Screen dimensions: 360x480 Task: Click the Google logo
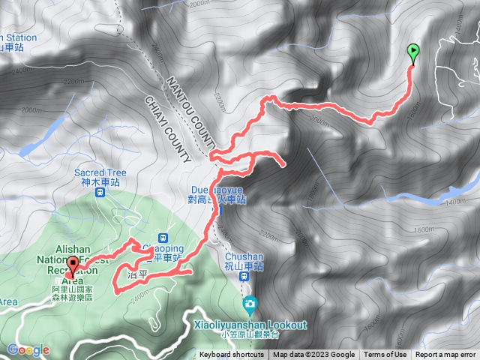tap(28, 350)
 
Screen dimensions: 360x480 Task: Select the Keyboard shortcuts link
tap(232, 355)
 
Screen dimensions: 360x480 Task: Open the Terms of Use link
tap(385, 355)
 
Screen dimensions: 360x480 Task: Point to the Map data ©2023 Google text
tap(313, 355)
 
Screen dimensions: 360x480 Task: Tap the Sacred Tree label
tap(100, 172)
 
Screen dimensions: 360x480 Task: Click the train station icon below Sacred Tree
tap(100, 192)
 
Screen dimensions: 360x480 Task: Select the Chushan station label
tap(244, 255)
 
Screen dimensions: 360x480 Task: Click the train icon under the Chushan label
tap(244, 276)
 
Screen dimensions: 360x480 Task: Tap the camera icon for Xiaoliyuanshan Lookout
tap(249, 304)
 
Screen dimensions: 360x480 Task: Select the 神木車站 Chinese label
tap(100, 182)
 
